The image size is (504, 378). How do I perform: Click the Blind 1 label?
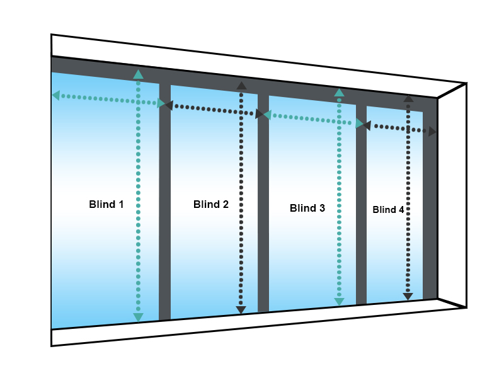pyautogui.click(x=106, y=204)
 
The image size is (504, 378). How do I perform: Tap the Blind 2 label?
pyautogui.click(x=211, y=204)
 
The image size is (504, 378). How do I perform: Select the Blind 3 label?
pyautogui.click(x=307, y=208)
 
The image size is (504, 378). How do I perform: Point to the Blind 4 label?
pyautogui.click(x=388, y=210)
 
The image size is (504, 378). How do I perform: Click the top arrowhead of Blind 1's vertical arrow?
pyautogui.click(x=138, y=74)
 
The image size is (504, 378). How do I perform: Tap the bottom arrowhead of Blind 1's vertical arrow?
pyautogui.click(x=138, y=317)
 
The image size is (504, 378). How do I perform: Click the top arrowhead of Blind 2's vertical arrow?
pyautogui.click(x=241, y=86)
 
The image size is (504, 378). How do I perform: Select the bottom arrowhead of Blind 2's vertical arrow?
pyautogui.click(x=241, y=309)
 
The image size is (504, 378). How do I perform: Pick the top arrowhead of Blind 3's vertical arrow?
pyautogui.click(x=339, y=93)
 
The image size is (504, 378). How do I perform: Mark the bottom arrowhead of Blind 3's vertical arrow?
pyautogui.click(x=339, y=302)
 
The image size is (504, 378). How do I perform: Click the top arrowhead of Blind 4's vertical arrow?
pyautogui.click(x=408, y=98)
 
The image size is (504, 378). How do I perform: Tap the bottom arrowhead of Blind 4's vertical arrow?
pyautogui.click(x=408, y=296)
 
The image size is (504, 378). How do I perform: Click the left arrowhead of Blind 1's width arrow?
pyautogui.click(x=55, y=95)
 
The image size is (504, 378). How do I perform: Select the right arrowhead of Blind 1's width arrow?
pyautogui.click(x=161, y=103)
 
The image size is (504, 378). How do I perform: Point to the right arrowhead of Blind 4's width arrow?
pyautogui.click(x=432, y=132)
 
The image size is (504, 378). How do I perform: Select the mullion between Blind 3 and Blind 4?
pyautogui.click(x=361, y=208)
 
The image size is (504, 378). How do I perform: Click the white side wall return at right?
pyautogui.click(x=452, y=195)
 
